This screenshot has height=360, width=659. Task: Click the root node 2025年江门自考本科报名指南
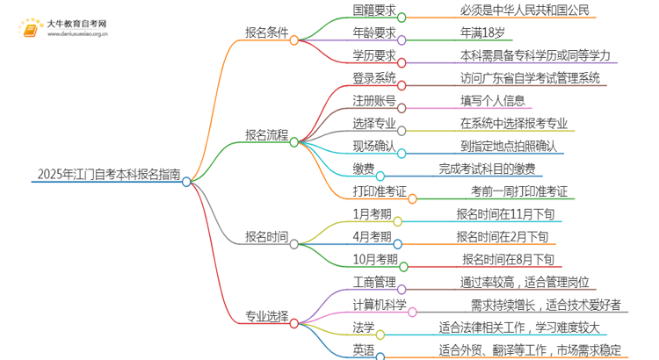(107, 175)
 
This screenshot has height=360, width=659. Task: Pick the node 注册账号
(349, 100)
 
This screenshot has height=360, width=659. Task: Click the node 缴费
(337, 169)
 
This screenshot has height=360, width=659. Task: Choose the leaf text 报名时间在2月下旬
(503, 236)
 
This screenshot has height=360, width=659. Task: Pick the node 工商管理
(349, 283)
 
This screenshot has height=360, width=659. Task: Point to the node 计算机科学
(355, 306)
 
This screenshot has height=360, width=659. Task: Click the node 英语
(337, 350)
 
